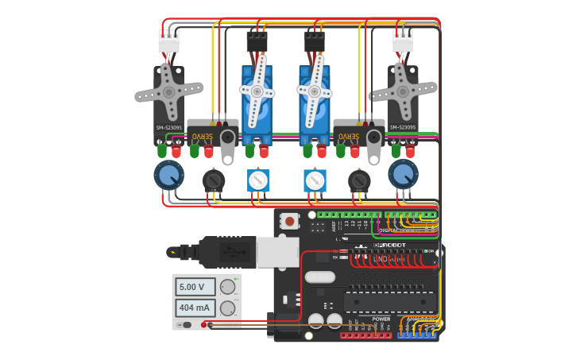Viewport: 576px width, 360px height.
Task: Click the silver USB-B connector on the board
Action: [x=276, y=252]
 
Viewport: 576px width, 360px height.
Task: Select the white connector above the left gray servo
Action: [x=168, y=41]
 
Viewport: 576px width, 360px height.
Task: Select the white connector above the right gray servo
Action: [x=403, y=41]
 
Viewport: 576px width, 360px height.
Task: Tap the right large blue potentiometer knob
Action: [x=403, y=174]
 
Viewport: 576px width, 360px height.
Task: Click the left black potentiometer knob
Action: [x=214, y=181]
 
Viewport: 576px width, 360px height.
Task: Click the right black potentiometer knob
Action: [x=359, y=181]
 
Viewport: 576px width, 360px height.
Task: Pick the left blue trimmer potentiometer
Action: [x=258, y=180]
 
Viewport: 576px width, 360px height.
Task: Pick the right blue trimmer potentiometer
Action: [x=315, y=180]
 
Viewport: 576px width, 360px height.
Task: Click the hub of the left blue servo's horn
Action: [x=257, y=92]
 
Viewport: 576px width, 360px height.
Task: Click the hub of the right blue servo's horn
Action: [x=315, y=92]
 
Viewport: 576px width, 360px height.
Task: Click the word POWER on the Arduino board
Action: [x=381, y=319]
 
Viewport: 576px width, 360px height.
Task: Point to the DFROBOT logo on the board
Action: [x=391, y=245]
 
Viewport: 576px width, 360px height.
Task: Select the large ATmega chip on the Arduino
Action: [x=389, y=301]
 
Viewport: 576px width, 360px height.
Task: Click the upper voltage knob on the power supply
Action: [x=228, y=287]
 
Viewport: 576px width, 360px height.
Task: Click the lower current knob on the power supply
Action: [x=228, y=308]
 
